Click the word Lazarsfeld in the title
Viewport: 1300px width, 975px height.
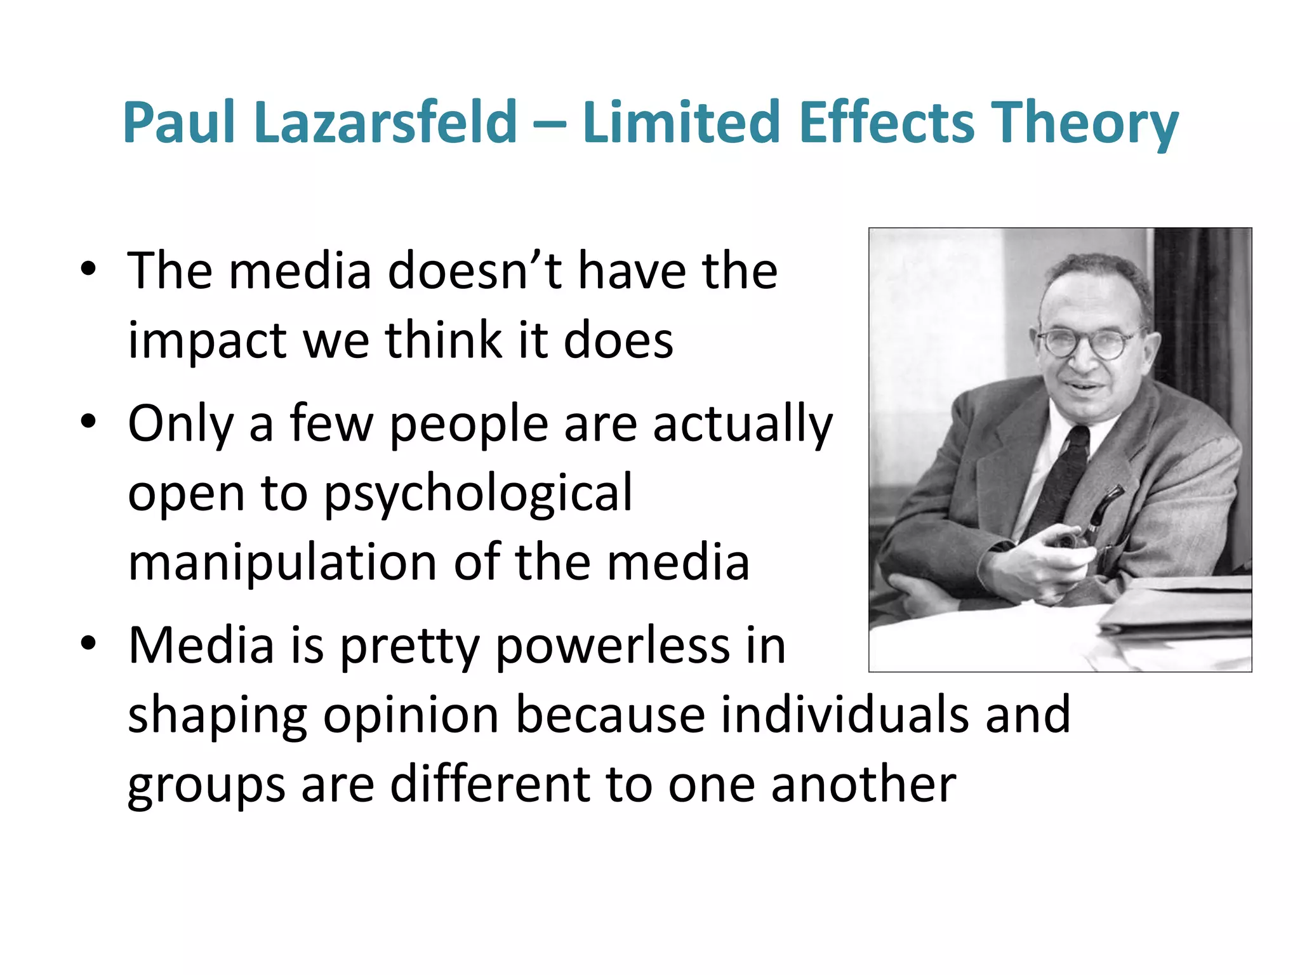tap(385, 122)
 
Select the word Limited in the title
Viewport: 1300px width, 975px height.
tap(680, 122)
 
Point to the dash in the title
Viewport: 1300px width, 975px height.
tap(550, 124)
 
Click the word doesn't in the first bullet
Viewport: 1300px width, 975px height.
tap(474, 271)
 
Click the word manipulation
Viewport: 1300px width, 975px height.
tap(282, 563)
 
